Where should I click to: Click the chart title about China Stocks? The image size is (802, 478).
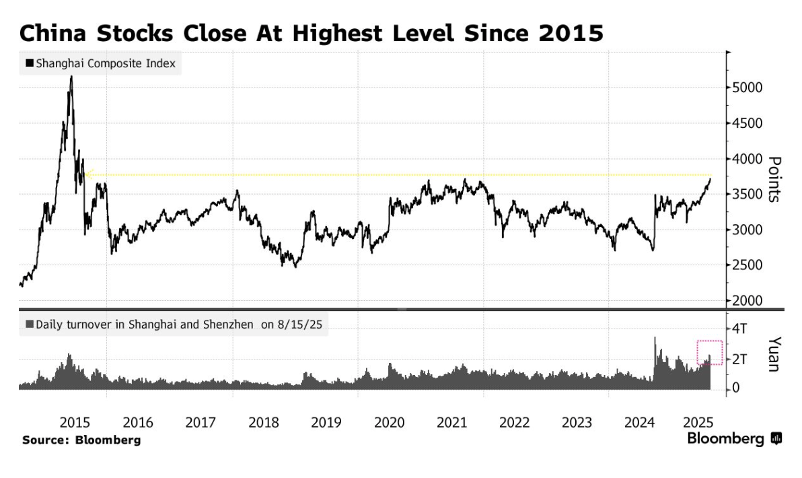point(311,32)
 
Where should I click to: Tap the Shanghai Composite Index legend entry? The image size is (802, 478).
point(100,64)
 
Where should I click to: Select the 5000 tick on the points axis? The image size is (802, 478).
point(748,88)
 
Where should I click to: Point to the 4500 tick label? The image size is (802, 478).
point(748,123)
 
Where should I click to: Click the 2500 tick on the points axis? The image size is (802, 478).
point(748,265)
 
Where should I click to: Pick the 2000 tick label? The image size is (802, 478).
point(748,301)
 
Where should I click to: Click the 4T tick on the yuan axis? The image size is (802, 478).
point(741,329)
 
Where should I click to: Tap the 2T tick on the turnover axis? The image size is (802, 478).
point(741,359)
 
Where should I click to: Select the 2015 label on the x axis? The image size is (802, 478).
point(75,423)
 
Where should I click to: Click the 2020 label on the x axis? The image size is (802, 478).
point(389,423)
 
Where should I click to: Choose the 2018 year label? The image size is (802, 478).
point(264,423)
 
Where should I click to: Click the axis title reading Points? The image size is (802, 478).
point(774,179)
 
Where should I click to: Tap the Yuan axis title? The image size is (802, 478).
point(774,353)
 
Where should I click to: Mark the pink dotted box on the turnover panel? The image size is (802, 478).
point(709,352)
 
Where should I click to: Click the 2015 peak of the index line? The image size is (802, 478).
point(71,77)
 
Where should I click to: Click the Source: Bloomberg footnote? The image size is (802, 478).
point(81,440)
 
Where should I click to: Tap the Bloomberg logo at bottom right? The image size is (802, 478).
point(734,439)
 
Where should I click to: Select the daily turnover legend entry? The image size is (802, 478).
point(174,325)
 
